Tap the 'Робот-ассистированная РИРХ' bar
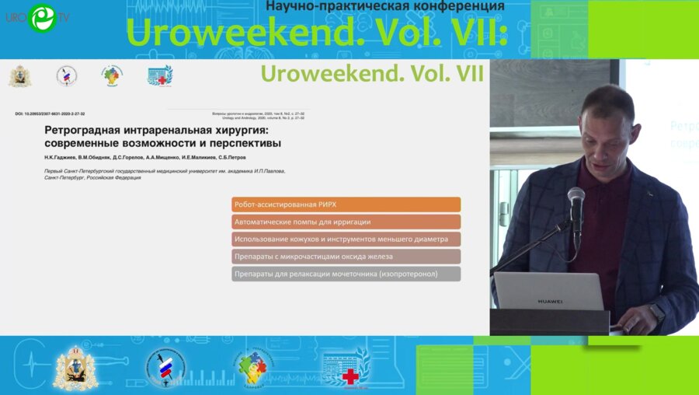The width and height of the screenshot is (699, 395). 346,204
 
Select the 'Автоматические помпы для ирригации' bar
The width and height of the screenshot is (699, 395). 346,222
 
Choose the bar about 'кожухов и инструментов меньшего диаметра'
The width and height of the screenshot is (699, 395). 346,239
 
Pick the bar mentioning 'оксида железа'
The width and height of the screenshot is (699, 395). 346,257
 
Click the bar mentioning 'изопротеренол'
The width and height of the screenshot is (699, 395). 346,274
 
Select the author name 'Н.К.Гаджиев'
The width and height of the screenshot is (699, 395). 63,157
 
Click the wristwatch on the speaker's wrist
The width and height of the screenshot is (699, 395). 657,313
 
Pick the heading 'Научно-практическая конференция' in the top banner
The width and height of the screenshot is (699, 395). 384,6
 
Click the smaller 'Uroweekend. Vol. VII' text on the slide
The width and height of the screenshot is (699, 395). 372,74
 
